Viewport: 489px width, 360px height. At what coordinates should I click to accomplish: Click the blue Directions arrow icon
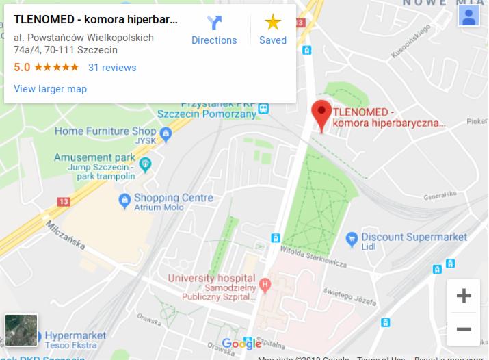[214, 23]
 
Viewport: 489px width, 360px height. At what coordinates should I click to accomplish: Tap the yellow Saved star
[273, 23]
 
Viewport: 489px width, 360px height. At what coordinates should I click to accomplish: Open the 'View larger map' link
[50, 89]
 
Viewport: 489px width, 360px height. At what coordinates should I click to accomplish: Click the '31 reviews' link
[112, 68]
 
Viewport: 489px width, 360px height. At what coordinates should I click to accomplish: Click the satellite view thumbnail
[21, 330]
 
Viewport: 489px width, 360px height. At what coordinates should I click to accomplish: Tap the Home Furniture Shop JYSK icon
[166, 132]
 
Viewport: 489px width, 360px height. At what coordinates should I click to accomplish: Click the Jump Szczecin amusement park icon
[144, 164]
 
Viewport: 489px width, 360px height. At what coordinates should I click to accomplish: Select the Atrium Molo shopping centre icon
[124, 201]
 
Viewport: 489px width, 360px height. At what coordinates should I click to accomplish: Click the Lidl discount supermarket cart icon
[352, 238]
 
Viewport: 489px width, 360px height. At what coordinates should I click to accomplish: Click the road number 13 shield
[64, 202]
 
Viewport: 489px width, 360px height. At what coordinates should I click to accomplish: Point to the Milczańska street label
[66, 233]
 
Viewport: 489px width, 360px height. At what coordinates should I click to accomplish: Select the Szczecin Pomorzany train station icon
[263, 107]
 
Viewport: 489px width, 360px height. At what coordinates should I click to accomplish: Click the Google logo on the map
[241, 344]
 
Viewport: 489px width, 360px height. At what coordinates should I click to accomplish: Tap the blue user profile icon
[469, 16]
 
